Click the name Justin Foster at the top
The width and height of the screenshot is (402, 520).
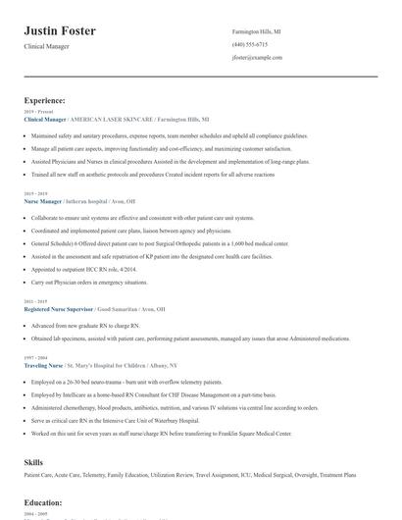(x=60, y=31)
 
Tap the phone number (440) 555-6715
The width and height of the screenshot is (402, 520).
(x=249, y=45)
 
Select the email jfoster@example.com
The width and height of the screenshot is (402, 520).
(x=257, y=58)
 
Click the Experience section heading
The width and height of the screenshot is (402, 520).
(x=45, y=100)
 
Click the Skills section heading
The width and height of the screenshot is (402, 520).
(x=34, y=460)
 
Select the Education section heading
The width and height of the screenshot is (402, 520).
(x=43, y=502)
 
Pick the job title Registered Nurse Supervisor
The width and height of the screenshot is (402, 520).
(x=59, y=308)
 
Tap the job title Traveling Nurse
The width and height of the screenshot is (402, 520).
(x=45, y=364)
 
